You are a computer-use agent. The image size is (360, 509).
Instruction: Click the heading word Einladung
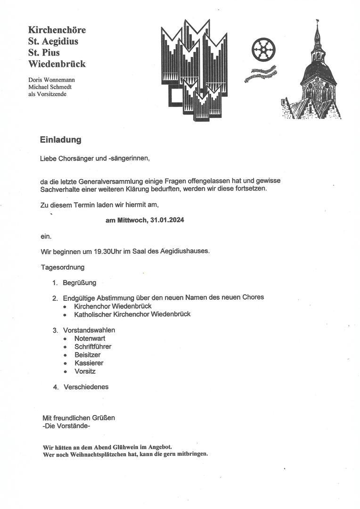[x=60, y=140]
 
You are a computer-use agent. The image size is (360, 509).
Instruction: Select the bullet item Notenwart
[x=90, y=338]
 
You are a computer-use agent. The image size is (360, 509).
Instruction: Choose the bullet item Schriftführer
[x=93, y=347]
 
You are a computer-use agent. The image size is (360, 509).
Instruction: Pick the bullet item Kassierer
[x=89, y=363]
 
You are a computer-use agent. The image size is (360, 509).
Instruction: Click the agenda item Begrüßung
[x=79, y=283]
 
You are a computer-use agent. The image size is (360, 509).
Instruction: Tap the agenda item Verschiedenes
[x=86, y=387]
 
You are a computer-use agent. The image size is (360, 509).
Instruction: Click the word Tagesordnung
[x=63, y=267]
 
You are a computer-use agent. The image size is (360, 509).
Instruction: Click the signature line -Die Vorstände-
[x=66, y=426]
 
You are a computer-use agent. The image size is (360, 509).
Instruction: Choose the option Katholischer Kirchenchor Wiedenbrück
[x=132, y=314]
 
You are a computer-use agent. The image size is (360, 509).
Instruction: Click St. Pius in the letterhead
[x=44, y=52]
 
